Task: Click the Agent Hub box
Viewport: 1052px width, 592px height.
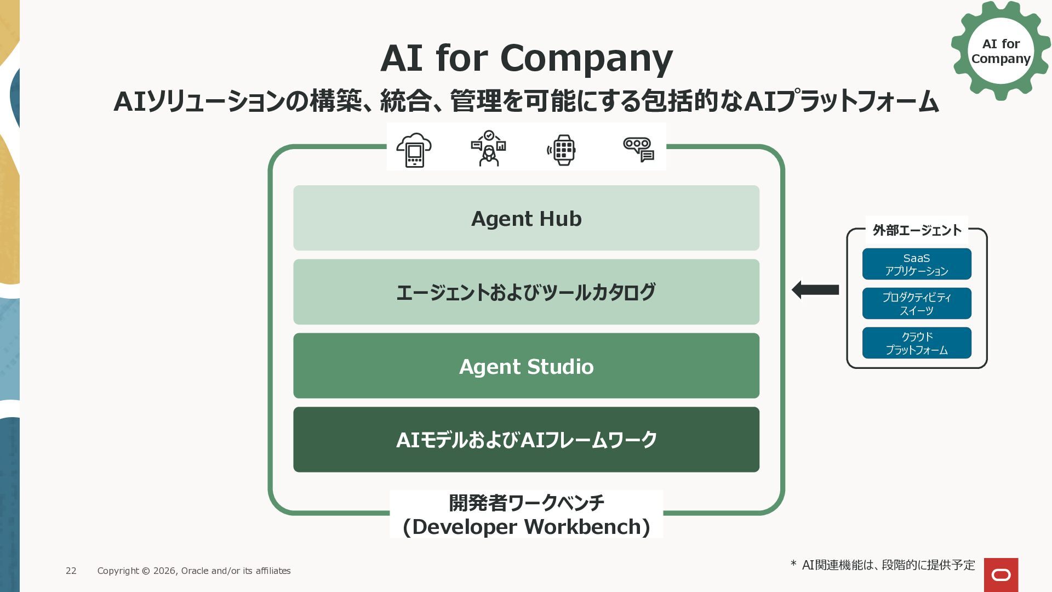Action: pos(526,218)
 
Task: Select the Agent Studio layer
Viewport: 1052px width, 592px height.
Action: pos(526,366)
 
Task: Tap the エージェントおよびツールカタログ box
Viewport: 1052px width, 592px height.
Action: pos(526,292)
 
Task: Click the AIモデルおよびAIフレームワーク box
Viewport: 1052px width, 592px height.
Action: pos(526,440)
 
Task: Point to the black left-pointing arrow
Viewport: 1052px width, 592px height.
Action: pos(815,289)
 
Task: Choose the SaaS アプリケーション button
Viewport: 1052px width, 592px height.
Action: pos(917,264)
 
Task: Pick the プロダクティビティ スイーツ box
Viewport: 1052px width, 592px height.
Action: pos(917,304)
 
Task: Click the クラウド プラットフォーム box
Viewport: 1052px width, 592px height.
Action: pos(917,343)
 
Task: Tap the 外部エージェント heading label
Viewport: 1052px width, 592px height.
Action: pos(917,230)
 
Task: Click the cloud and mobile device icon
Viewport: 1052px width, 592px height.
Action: pos(414,150)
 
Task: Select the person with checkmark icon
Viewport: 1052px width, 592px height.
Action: pos(488,148)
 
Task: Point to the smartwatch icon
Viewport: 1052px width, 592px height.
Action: pos(562,150)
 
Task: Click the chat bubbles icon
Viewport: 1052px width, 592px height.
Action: pos(639,150)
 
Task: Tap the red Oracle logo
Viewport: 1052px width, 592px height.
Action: pos(1001,575)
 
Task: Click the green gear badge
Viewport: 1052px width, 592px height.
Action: pos(1000,50)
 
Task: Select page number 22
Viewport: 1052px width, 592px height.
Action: pos(71,571)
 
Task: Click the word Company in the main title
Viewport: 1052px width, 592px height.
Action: pos(586,58)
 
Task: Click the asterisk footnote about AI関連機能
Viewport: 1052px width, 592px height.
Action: pos(883,565)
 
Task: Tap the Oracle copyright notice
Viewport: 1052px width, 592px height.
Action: pos(194,571)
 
